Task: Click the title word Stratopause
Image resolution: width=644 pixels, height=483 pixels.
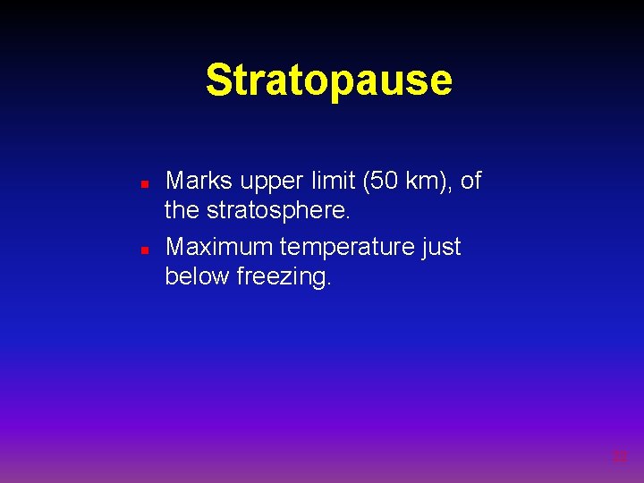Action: point(328,80)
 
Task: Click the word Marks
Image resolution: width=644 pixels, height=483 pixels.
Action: point(199,181)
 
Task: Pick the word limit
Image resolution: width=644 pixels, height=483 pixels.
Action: point(331,181)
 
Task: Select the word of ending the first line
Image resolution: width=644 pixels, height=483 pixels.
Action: point(470,181)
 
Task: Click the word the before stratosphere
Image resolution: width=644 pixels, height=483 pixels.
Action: point(182,212)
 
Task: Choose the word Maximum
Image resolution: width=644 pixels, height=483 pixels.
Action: point(219,246)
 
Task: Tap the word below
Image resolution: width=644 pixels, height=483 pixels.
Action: point(197,277)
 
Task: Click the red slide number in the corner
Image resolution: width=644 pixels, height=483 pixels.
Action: point(619,457)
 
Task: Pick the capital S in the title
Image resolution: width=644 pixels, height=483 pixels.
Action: point(217,80)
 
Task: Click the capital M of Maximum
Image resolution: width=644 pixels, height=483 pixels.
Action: point(177,246)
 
